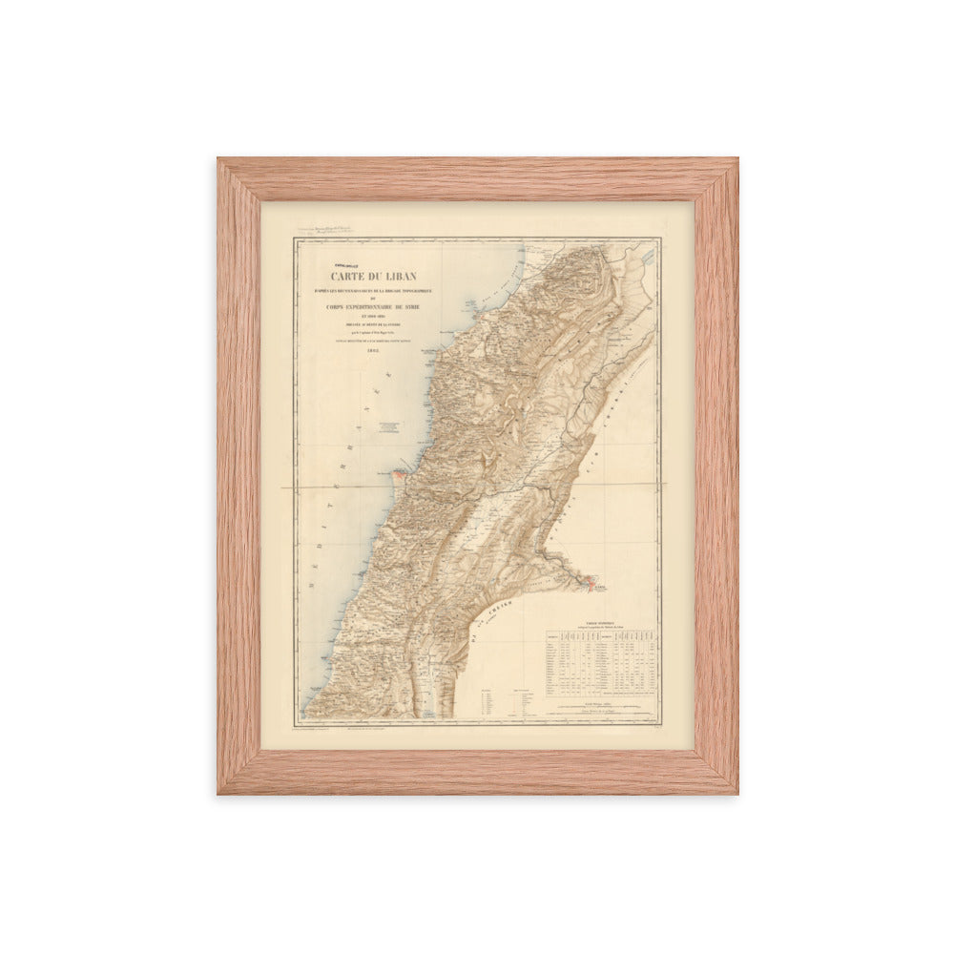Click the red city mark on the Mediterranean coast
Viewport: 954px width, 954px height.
click(401, 470)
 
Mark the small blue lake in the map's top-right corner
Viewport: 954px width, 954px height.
click(649, 255)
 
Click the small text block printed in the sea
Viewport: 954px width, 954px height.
click(386, 427)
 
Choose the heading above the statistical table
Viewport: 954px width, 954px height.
click(601, 622)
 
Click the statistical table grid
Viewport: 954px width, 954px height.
click(601, 662)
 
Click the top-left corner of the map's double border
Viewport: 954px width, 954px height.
click(295, 239)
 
